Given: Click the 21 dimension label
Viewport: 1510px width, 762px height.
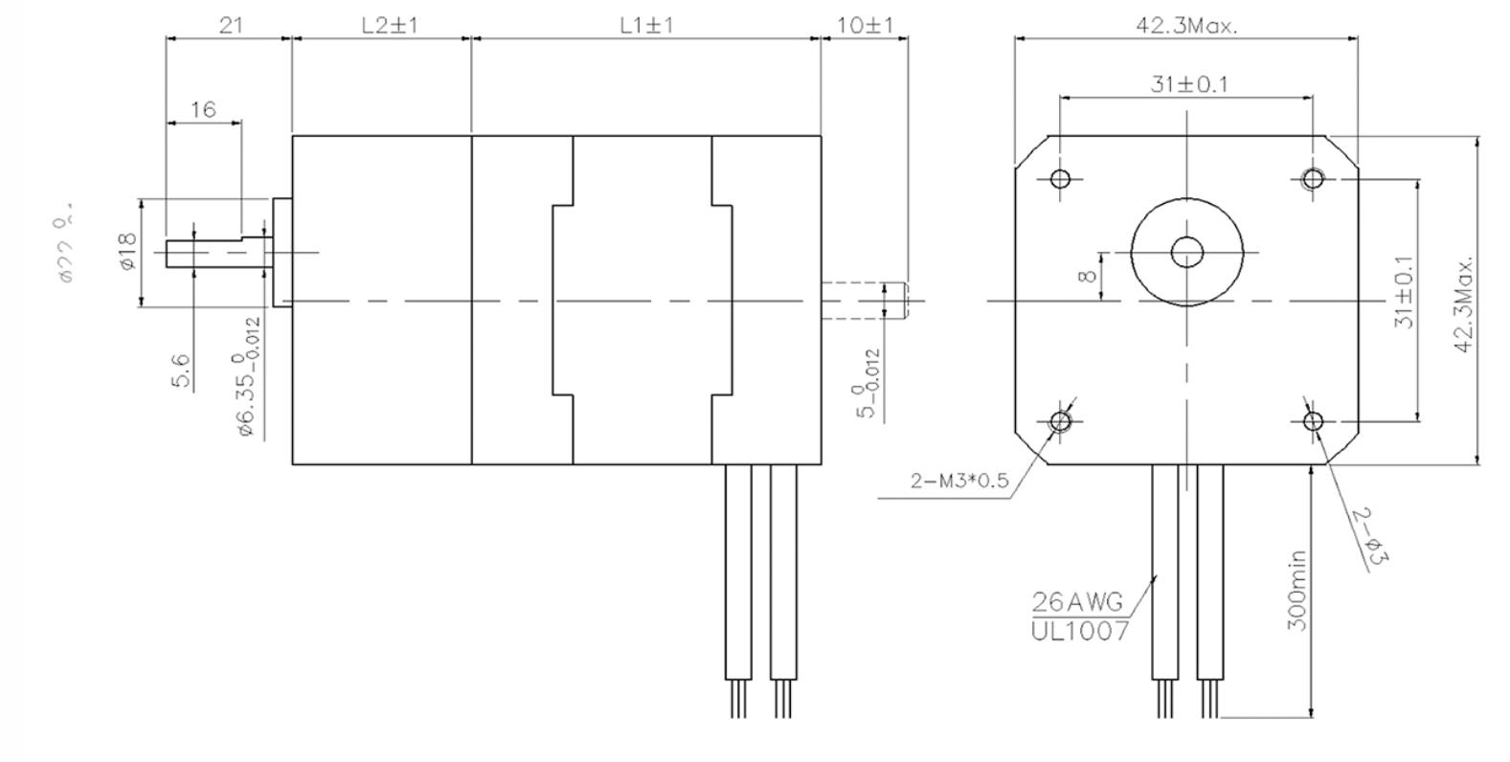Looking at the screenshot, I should click(x=230, y=25).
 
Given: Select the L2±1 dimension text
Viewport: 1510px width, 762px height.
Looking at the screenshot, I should click(x=390, y=25).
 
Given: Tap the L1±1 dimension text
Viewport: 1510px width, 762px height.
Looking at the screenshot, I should click(x=646, y=25).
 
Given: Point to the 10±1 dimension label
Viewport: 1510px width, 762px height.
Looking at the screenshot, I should click(x=865, y=25).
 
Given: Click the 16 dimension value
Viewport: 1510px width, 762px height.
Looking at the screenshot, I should click(x=203, y=109).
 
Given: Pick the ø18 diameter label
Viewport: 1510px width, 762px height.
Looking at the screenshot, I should click(x=128, y=251).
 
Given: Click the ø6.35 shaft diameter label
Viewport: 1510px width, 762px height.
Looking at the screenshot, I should click(x=248, y=379).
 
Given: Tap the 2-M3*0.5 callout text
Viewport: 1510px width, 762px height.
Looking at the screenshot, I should click(x=959, y=481).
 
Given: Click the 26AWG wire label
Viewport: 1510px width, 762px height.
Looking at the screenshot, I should click(x=1077, y=602).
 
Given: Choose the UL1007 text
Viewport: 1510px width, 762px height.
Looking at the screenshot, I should click(x=1080, y=631).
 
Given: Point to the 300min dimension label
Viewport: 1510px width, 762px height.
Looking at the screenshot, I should click(x=1296, y=590).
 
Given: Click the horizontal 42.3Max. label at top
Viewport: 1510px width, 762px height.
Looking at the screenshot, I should click(x=1186, y=26).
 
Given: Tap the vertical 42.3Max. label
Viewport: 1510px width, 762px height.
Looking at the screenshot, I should click(x=1463, y=303).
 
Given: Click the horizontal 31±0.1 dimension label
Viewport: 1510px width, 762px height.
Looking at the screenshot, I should click(x=1189, y=84).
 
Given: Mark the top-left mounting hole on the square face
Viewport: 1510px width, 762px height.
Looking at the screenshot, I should click(x=1060, y=178).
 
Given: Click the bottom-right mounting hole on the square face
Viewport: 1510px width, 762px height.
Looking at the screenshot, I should click(x=1313, y=421).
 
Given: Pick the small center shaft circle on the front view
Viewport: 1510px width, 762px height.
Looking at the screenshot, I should click(x=1186, y=253).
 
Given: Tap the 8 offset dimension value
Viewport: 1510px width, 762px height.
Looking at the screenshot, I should click(x=1086, y=277).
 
